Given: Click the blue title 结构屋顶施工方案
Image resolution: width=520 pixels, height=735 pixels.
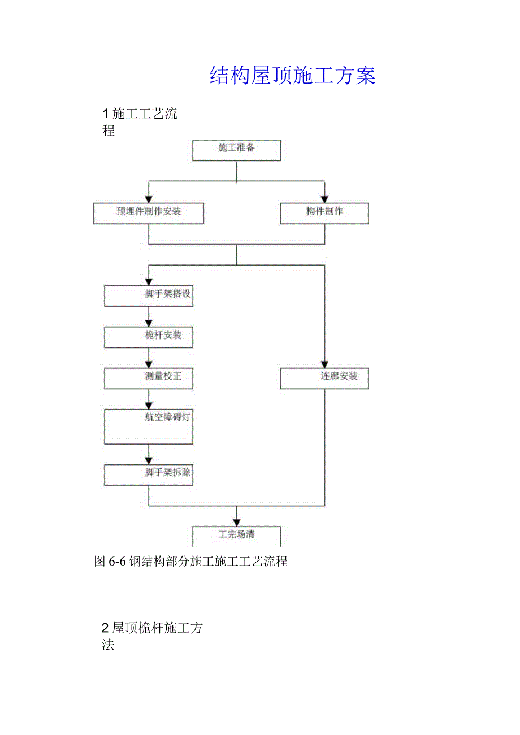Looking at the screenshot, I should [x=292, y=75].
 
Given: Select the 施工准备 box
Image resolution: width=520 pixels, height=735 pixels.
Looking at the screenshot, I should [x=236, y=150].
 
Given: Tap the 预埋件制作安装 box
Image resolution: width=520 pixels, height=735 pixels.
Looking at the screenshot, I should [x=149, y=213].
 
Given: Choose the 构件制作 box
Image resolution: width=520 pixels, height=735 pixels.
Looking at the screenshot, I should [x=324, y=213].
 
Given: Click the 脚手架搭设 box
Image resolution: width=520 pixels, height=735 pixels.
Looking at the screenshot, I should [x=149, y=295].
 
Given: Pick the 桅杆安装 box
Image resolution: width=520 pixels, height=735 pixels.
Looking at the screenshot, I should [x=149, y=337].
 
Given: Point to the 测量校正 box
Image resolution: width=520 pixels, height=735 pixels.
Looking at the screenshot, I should [x=149, y=378].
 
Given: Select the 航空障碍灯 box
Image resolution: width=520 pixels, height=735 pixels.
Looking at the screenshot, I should [x=149, y=426].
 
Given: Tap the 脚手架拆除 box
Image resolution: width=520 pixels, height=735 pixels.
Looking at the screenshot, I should [x=149, y=475].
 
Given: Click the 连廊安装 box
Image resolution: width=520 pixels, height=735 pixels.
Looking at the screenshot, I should [x=324, y=378].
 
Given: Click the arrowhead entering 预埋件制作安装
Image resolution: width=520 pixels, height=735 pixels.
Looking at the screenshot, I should [x=149, y=199].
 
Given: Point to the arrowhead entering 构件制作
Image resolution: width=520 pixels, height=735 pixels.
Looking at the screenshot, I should [x=324, y=199].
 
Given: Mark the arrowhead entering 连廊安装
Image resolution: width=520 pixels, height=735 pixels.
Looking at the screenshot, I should [x=324, y=364].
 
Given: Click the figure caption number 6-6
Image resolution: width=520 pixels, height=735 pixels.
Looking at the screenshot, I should [x=117, y=562].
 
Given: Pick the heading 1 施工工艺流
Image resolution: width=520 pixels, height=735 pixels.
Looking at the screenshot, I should [x=140, y=114].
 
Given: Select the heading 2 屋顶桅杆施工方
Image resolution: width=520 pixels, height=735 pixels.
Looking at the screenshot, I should [x=153, y=628].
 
